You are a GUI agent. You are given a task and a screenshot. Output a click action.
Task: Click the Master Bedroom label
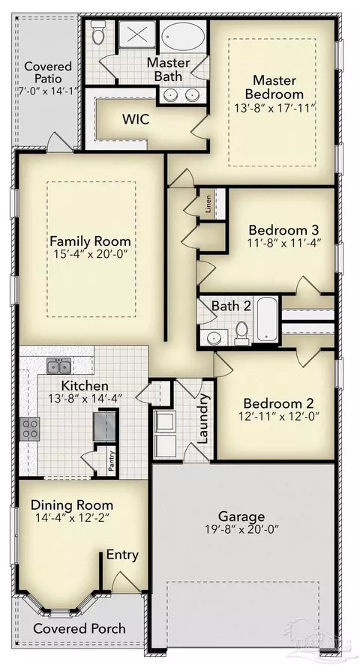point(274,86)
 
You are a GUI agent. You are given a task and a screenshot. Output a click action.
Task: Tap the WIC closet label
point(136,119)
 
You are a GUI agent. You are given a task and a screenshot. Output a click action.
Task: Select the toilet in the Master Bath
point(98,32)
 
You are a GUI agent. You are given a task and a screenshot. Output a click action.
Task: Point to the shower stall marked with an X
point(137,33)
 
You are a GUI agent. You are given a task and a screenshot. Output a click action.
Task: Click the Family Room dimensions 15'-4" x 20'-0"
point(90,255)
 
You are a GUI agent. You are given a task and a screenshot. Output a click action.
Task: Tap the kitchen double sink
point(59,366)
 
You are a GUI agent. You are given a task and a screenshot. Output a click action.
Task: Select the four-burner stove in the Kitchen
point(30,428)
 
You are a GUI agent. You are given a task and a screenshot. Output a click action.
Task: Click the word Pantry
point(111,460)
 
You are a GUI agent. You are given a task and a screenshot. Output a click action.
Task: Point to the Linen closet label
point(208,204)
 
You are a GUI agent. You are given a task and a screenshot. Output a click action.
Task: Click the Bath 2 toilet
point(241,333)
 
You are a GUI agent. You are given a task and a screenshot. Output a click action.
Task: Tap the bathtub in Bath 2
point(267,319)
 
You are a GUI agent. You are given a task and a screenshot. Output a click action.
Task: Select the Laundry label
point(204,418)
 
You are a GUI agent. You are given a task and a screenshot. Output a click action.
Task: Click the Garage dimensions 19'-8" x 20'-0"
point(241,529)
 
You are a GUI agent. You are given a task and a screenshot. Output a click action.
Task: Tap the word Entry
point(122,555)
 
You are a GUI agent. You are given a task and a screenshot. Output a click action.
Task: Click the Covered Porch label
point(79,628)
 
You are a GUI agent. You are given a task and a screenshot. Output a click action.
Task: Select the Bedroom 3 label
point(283,230)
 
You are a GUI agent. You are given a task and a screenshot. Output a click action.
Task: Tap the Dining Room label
point(72,505)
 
